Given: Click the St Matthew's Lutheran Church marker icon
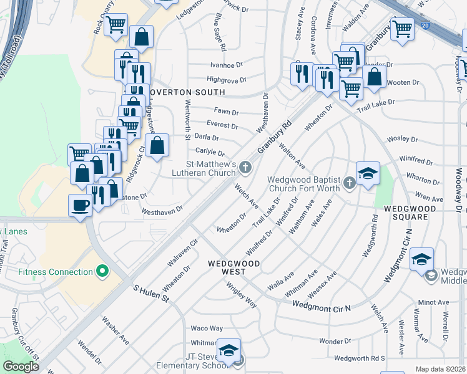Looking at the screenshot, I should coord(246,166).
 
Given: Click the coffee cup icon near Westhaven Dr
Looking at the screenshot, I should coord(80,205).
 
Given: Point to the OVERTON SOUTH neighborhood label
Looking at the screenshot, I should coord(187,92).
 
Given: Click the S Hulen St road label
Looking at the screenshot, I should coord(152,294).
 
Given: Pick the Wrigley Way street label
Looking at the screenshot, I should coord(242,294).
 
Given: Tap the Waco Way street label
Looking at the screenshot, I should coord(207,328).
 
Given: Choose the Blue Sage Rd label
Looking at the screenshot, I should coord(220,32).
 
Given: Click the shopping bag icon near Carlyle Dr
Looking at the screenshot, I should coord(159,146).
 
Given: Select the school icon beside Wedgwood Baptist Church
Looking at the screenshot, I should coord(368,173).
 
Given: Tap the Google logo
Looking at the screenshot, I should coord(21,367).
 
